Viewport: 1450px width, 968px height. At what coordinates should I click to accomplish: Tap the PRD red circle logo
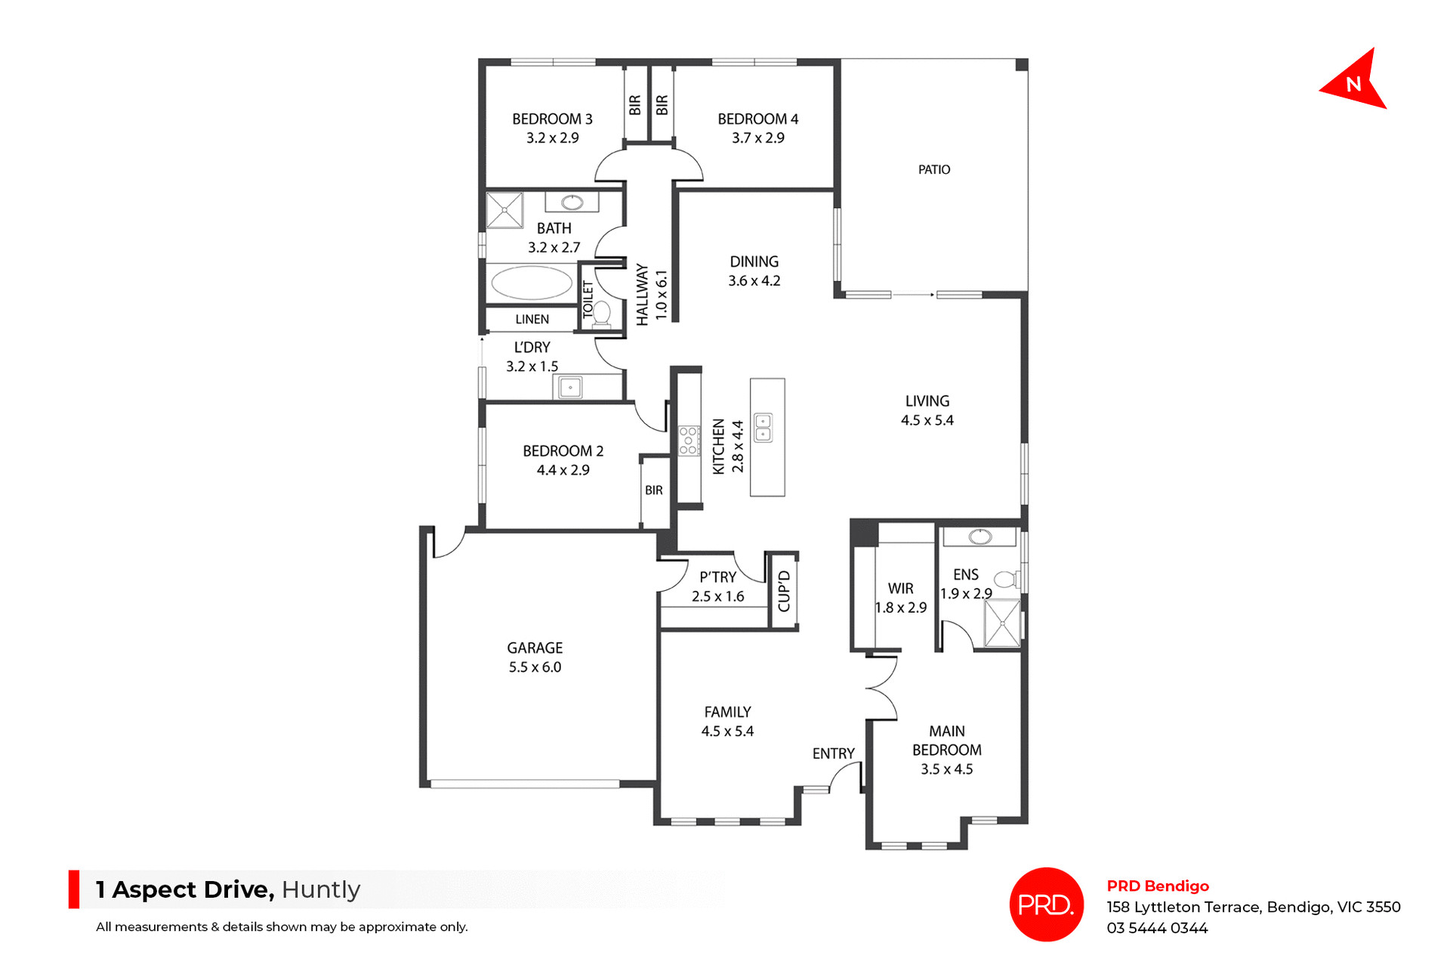1046,904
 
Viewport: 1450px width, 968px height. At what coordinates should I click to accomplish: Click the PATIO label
933,170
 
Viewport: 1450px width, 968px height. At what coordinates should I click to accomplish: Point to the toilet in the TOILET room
602,313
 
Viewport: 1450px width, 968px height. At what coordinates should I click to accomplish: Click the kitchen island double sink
764,427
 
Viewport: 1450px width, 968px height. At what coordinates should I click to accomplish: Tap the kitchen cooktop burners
688,441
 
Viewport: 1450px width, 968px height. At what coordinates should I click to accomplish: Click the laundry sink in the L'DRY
570,388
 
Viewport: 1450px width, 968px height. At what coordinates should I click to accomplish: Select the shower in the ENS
1002,623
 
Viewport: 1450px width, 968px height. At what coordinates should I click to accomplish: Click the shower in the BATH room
504,210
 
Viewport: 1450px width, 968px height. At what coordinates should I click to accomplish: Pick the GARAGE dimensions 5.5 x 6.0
535,667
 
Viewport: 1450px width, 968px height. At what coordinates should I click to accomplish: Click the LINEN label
532,320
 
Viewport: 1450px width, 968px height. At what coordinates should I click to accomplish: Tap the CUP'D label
784,591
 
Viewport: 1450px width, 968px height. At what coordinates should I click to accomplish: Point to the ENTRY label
833,753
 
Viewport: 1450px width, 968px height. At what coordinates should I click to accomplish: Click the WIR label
900,588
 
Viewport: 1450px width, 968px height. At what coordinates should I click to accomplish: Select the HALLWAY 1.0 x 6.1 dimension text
661,295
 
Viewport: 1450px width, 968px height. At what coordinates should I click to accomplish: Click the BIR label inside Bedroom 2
654,490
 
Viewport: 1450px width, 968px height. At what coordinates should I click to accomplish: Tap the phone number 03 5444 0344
1157,928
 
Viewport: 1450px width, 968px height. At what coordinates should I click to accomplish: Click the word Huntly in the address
321,889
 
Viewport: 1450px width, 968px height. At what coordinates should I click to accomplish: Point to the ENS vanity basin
980,537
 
